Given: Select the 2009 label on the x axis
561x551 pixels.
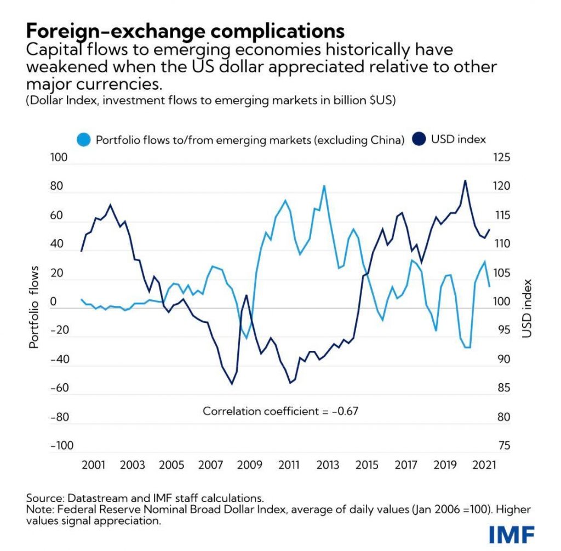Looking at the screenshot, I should (249, 465).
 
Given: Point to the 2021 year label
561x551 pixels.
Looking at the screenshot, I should (485, 465).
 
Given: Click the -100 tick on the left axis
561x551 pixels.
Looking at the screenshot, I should (62, 446).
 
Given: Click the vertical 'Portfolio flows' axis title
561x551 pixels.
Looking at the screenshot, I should (35, 308).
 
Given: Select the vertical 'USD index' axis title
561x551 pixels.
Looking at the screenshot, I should (527, 308).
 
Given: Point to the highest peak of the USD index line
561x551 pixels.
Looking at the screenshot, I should (465, 180).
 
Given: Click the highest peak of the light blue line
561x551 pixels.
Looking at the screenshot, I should (324, 186).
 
